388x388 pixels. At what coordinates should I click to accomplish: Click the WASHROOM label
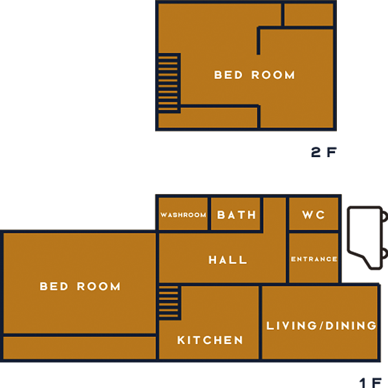point(183,215)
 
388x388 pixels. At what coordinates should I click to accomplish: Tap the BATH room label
point(236,215)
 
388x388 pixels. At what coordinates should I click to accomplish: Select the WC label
point(314,215)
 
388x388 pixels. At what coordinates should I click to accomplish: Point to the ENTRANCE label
point(314,259)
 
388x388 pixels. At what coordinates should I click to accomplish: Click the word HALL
point(228,260)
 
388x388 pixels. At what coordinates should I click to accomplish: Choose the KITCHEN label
point(210,340)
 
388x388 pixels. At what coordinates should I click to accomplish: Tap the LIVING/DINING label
point(321,326)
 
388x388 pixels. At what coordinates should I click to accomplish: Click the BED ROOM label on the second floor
point(254,75)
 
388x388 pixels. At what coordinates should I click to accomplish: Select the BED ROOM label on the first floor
point(80,286)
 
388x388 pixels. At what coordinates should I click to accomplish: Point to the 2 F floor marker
point(324,152)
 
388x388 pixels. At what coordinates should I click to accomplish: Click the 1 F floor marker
point(371,383)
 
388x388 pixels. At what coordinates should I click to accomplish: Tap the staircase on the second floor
point(169,83)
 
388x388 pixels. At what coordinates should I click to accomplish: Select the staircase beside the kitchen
point(169,303)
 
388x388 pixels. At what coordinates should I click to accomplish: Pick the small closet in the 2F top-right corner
point(309,14)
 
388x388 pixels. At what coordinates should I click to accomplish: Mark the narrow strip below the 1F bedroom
point(80,348)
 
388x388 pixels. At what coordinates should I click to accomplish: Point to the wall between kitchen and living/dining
point(261,322)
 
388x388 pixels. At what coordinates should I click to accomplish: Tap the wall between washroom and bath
point(210,214)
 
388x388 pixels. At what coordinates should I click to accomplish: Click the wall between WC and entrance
point(314,232)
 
